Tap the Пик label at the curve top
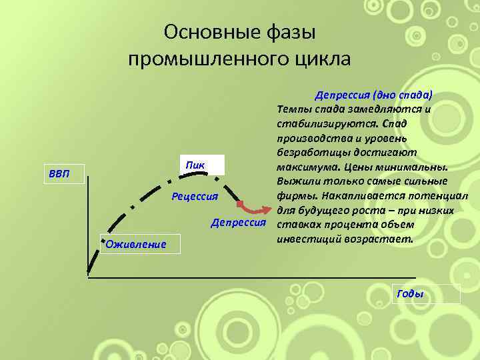click(x=195, y=165)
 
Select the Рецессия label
click(x=195, y=196)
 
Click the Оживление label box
click(x=133, y=244)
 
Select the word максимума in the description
click(x=301, y=167)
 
